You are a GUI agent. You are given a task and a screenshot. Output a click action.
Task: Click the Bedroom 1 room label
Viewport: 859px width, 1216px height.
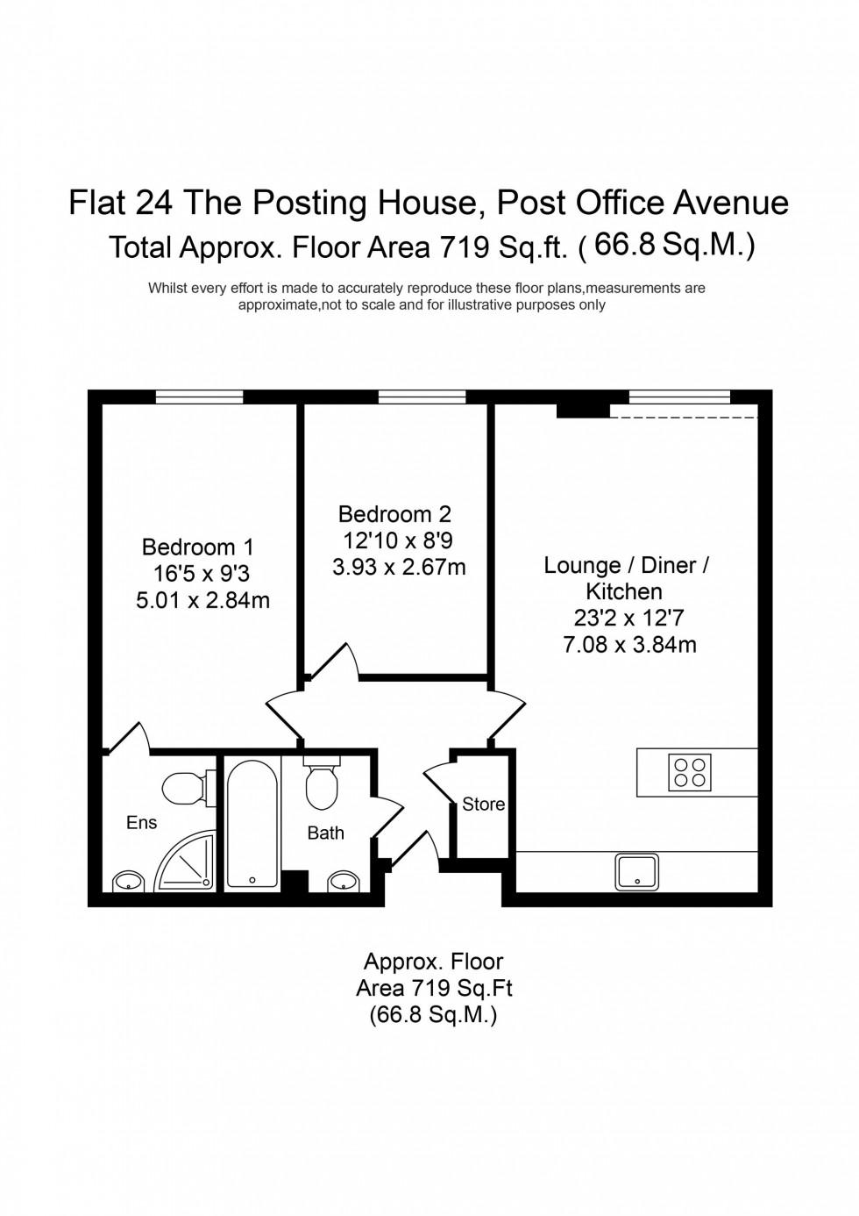point(197,547)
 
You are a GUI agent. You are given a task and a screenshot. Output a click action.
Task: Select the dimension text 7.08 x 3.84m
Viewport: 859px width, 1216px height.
point(629,645)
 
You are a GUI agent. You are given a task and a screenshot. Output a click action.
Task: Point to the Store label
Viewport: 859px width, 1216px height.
point(483,804)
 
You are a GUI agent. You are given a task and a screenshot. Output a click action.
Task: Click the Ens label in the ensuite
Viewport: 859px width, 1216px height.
point(141,822)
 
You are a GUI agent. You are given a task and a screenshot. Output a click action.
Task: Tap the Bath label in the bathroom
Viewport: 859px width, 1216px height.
point(325,833)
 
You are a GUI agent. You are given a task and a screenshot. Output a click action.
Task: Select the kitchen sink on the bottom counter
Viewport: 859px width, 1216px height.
point(638,871)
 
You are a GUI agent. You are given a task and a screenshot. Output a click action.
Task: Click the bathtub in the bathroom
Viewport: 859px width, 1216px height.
point(252,824)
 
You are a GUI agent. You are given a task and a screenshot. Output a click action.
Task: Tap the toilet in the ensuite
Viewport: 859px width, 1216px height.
point(186,787)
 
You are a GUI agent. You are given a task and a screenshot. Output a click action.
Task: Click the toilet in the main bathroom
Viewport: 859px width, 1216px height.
point(322,784)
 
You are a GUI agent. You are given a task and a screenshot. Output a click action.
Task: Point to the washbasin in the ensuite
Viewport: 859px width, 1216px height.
point(128,881)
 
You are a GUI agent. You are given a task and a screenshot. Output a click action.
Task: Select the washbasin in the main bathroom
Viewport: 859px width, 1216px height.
point(344,881)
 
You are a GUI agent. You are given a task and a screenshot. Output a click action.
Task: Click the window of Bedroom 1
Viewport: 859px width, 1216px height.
point(199,397)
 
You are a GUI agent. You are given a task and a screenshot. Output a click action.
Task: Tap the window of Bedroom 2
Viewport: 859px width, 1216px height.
point(422,397)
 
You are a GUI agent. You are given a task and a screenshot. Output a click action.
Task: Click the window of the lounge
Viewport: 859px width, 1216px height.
point(679,397)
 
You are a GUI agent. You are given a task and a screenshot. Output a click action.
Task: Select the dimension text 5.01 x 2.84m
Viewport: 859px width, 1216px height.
point(202,601)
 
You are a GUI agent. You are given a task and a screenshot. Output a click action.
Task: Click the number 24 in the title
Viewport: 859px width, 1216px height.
point(155,203)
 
